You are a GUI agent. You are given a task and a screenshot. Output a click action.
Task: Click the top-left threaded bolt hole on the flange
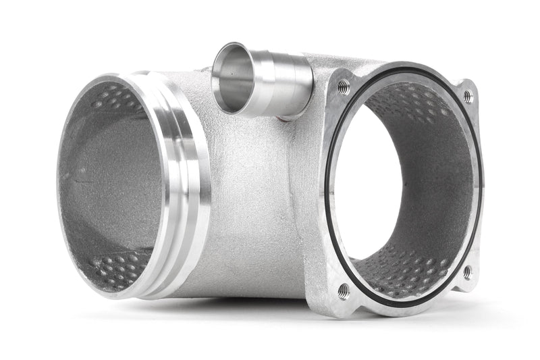pos(344,85)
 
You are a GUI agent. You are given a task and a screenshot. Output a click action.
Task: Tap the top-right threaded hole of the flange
pos(467,97)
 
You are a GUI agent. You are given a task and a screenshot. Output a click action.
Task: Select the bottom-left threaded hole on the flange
pos(344,291)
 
